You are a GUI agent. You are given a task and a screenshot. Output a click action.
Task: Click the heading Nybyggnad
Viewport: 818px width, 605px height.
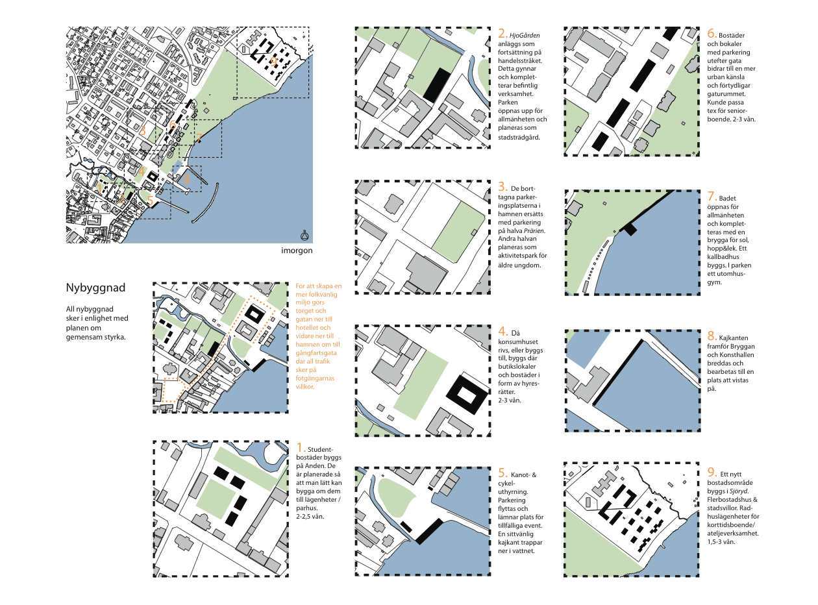pyautogui.click(x=95, y=287)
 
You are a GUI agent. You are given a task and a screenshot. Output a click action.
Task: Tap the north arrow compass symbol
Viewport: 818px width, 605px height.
pyautogui.click(x=303, y=236)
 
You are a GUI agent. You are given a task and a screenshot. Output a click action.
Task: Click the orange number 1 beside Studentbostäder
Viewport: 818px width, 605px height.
pyautogui.click(x=300, y=448)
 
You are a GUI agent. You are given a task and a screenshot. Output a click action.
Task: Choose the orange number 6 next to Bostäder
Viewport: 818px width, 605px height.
pyautogui.click(x=710, y=34)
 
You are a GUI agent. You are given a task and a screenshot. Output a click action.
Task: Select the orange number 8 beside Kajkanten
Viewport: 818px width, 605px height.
pyautogui.click(x=710, y=336)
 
